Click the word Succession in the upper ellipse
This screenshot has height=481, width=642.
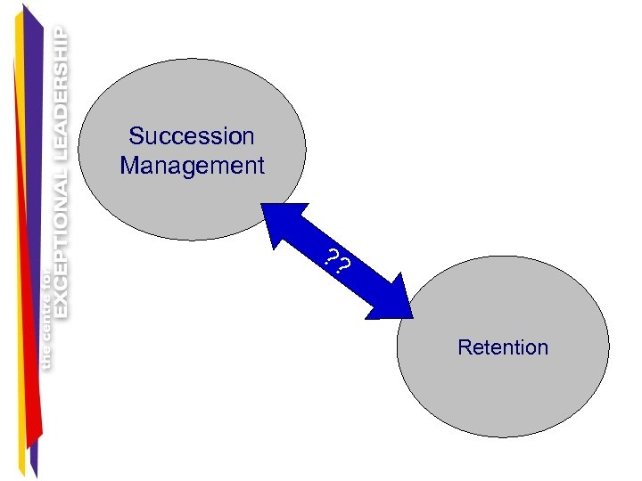point(192,136)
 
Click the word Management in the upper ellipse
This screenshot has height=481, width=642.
point(192,166)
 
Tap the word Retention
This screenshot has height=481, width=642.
point(503,347)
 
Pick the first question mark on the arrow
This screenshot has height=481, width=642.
point(332,259)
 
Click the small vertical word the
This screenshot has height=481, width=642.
point(46,357)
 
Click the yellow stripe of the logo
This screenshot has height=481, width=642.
point(20,267)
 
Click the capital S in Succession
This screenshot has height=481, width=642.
point(136,136)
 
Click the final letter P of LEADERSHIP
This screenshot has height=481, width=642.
point(61,33)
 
